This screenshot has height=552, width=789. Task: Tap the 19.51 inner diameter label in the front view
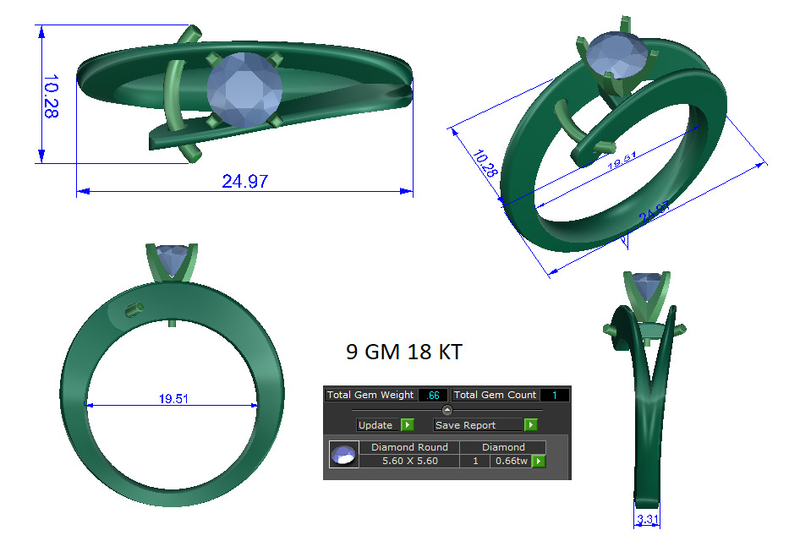coord(173,399)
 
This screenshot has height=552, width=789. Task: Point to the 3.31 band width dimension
coord(647,520)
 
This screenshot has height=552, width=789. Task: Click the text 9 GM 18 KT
coord(403,353)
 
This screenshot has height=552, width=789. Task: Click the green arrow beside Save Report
coord(530,425)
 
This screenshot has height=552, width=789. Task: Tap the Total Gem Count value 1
coord(555,395)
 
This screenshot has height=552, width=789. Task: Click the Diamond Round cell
coord(409,447)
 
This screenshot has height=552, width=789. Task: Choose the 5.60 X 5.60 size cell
coord(409,462)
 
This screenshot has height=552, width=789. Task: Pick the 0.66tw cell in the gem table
coord(512,462)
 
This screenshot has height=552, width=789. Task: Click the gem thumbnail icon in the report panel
coord(343,455)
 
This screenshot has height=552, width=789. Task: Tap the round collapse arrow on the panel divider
coord(447,410)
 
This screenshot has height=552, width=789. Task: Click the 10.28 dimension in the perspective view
coord(486,163)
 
